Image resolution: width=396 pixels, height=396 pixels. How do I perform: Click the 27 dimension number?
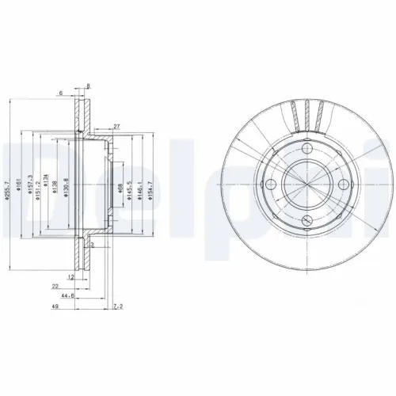pyautogui.click(x=116, y=126)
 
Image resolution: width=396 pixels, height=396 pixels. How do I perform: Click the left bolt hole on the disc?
pyautogui.click(x=271, y=185)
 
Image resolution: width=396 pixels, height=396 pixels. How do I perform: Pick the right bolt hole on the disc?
pyautogui.click(x=343, y=185)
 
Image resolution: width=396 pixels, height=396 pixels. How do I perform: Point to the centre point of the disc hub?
pyautogui.click(x=307, y=185)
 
